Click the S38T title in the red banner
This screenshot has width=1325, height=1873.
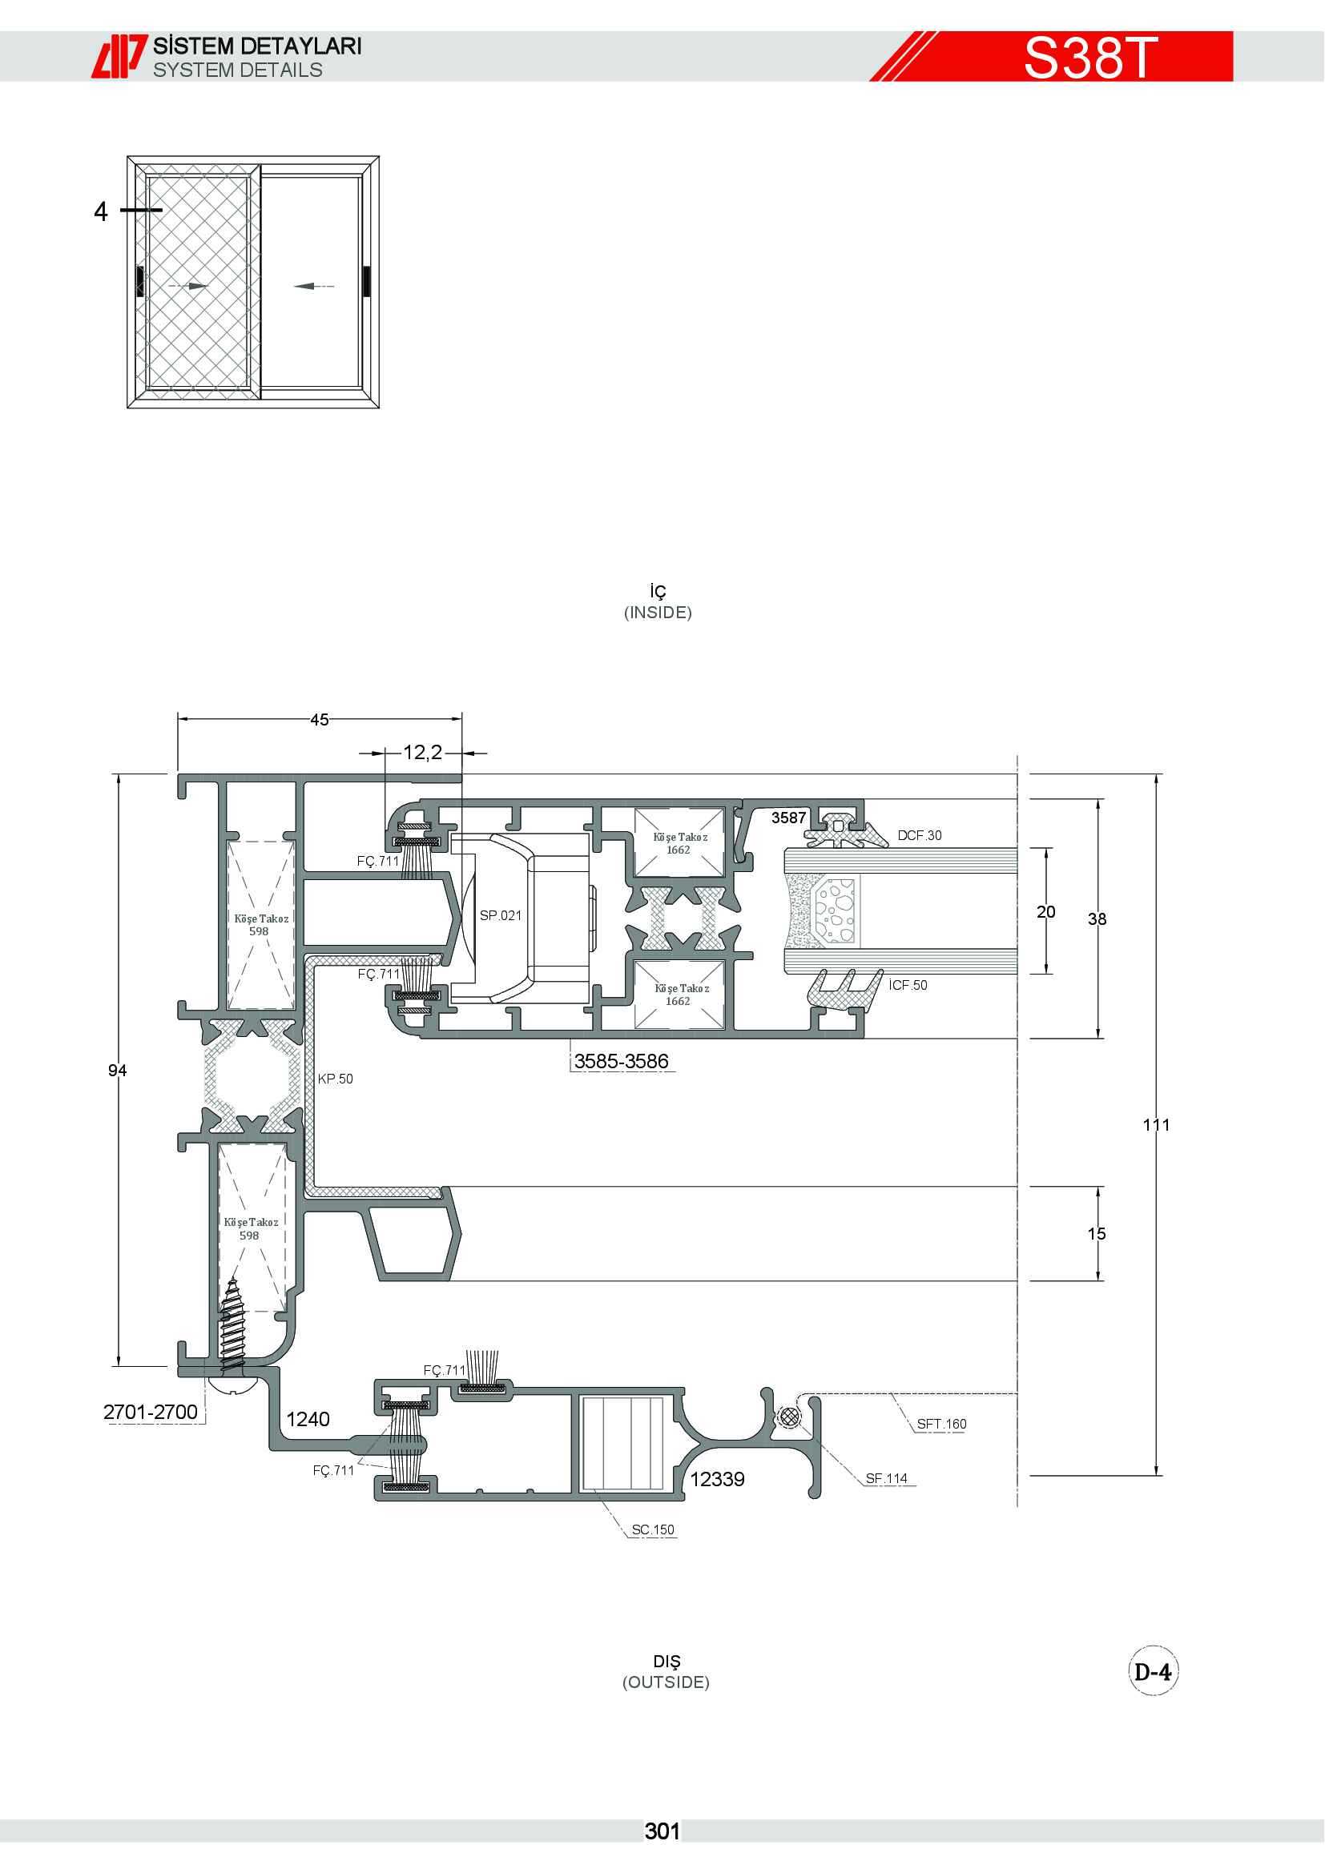[x=1090, y=57]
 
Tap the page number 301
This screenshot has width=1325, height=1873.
[x=662, y=1831]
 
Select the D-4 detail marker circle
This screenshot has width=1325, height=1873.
[x=1153, y=1671]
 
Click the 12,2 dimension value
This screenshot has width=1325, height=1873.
[x=423, y=752]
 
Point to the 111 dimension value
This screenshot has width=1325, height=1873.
[x=1156, y=1125]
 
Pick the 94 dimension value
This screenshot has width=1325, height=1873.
[x=118, y=1071]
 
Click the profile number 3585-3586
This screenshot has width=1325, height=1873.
[x=621, y=1061]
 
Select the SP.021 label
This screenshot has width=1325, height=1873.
[x=500, y=915]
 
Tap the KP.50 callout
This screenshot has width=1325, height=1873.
[x=336, y=1079]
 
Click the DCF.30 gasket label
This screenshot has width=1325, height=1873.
[x=920, y=835]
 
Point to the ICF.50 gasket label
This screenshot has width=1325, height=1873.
[x=908, y=985]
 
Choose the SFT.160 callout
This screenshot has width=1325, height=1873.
[x=941, y=1424]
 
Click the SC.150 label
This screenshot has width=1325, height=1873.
[x=653, y=1529]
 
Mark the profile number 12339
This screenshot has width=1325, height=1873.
[x=717, y=1479]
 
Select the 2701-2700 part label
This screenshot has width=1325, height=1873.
[x=150, y=1412]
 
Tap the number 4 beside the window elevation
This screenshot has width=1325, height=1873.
[x=100, y=211]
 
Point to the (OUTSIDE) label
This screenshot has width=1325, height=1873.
[x=666, y=1682]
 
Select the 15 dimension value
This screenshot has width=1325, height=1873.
[x=1097, y=1233]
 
